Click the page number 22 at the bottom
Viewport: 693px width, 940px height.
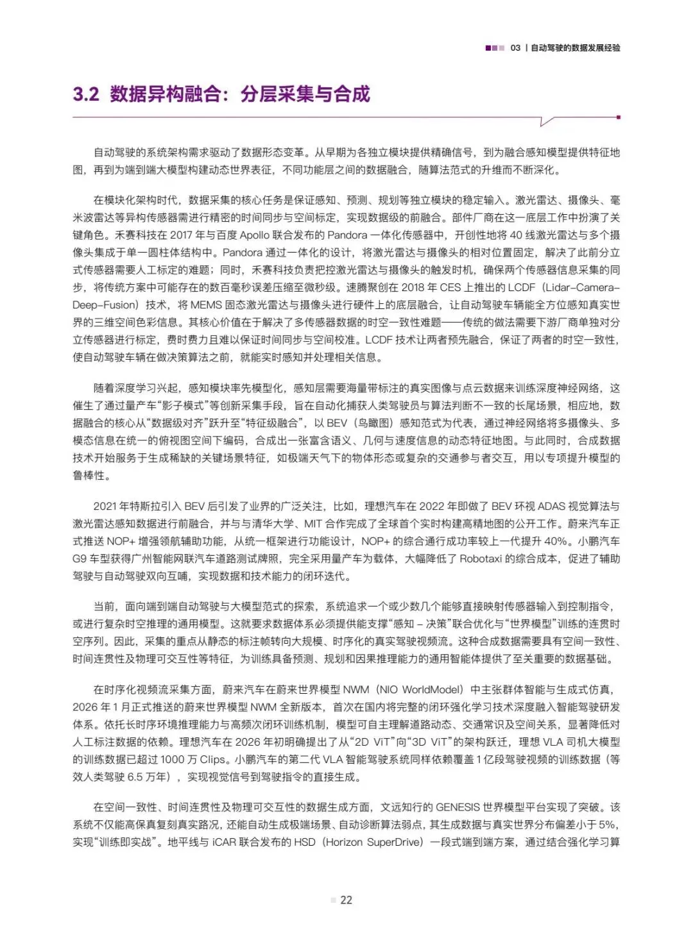tap(346, 900)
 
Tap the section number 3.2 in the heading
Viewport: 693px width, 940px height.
tap(86, 94)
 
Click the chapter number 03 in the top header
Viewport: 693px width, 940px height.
tap(515, 48)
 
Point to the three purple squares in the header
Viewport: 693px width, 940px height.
tap(494, 48)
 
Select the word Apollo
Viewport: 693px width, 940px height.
tap(255, 235)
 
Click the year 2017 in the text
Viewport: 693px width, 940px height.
tap(181, 235)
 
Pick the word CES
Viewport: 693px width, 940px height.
tap(450, 287)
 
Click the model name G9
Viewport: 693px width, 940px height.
tap(80, 558)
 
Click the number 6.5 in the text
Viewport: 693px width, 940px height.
tap(135, 777)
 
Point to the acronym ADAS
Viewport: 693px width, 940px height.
tap(552, 506)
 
